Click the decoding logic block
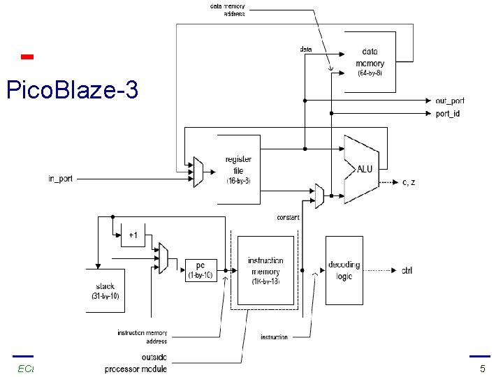(x=344, y=270)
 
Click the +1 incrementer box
(x=133, y=236)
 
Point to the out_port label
(x=449, y=101)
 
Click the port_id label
(x=447, y=114)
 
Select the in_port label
(x=60, y=179)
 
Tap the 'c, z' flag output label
(x=409, y=182)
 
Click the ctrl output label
(x=407, y=270)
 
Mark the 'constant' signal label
(x=287, y=217)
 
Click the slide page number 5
(x=482, y=368)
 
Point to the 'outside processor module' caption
(x=136, y=364)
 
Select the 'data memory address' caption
(x=228, y=10)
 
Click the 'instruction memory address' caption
(x=142, y=337)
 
